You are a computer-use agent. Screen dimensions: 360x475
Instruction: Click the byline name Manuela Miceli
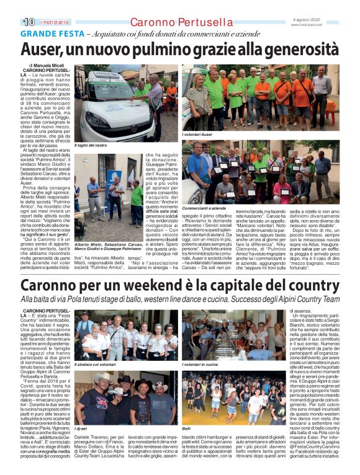(x=53, y=64)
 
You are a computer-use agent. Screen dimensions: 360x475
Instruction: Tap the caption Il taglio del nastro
(x=91, y=145)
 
